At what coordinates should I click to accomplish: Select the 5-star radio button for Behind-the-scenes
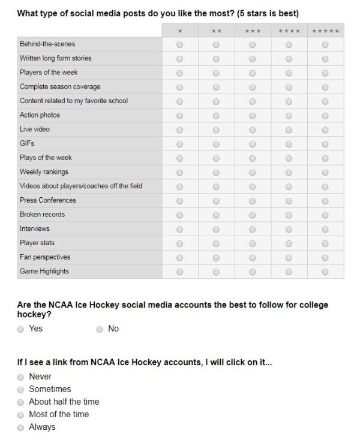[325, 44]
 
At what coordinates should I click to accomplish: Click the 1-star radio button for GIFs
[179, 144]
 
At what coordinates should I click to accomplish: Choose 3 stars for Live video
[252, 130]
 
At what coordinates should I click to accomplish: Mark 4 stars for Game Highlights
[289, 272]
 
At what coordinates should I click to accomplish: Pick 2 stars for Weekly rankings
[216, 173]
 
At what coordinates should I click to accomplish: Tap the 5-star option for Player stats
[325, 244]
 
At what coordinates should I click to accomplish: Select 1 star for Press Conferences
[179, 201]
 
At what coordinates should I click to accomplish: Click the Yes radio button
[21, 329]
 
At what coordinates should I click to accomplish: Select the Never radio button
[21, 377]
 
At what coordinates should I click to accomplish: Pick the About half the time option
[21, 402]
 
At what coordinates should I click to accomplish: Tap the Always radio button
[21, 427]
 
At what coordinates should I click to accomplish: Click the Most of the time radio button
[21, 415]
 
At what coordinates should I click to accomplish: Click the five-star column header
[325, 31]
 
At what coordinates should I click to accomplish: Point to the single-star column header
[179, 31]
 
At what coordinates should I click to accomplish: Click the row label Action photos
[40, 115]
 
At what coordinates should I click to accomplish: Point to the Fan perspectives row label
[45, 257]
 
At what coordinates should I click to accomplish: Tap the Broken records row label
[42, 215]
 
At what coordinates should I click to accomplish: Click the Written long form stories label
[56, 58]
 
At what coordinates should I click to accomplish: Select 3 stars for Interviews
[252, 230]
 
